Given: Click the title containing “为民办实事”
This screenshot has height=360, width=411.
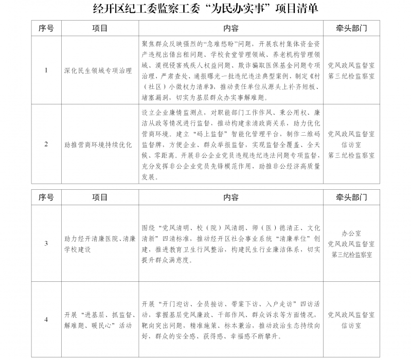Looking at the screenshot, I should coord(205,9).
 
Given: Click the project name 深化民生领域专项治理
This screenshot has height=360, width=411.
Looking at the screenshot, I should coord(98,70).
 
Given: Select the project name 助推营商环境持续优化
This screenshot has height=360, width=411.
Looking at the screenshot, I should coord(98,145).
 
